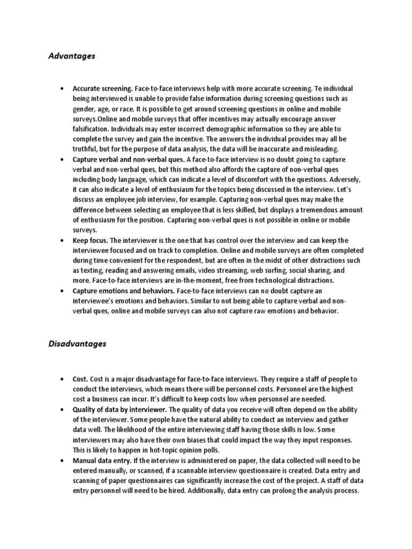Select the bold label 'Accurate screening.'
103,88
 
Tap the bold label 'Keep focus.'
90,240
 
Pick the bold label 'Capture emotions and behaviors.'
123,291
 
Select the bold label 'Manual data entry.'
100,461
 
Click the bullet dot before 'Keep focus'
63,241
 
